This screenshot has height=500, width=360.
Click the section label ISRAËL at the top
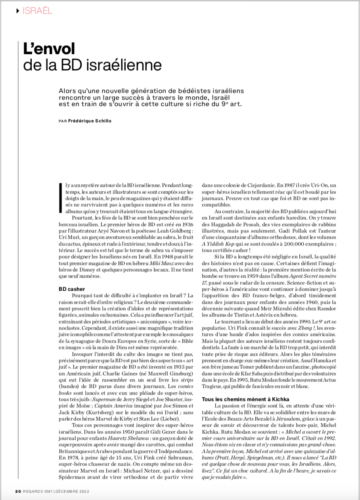(x=37, y=10)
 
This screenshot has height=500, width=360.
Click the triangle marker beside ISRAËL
(x=17, y=10)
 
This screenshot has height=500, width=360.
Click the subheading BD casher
(x=72, y=289)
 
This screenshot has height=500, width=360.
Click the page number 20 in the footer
(x=18, y=491)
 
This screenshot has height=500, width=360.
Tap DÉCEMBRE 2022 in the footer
(x=72, y=491)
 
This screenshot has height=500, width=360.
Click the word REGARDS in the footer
(x=34, y=491)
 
